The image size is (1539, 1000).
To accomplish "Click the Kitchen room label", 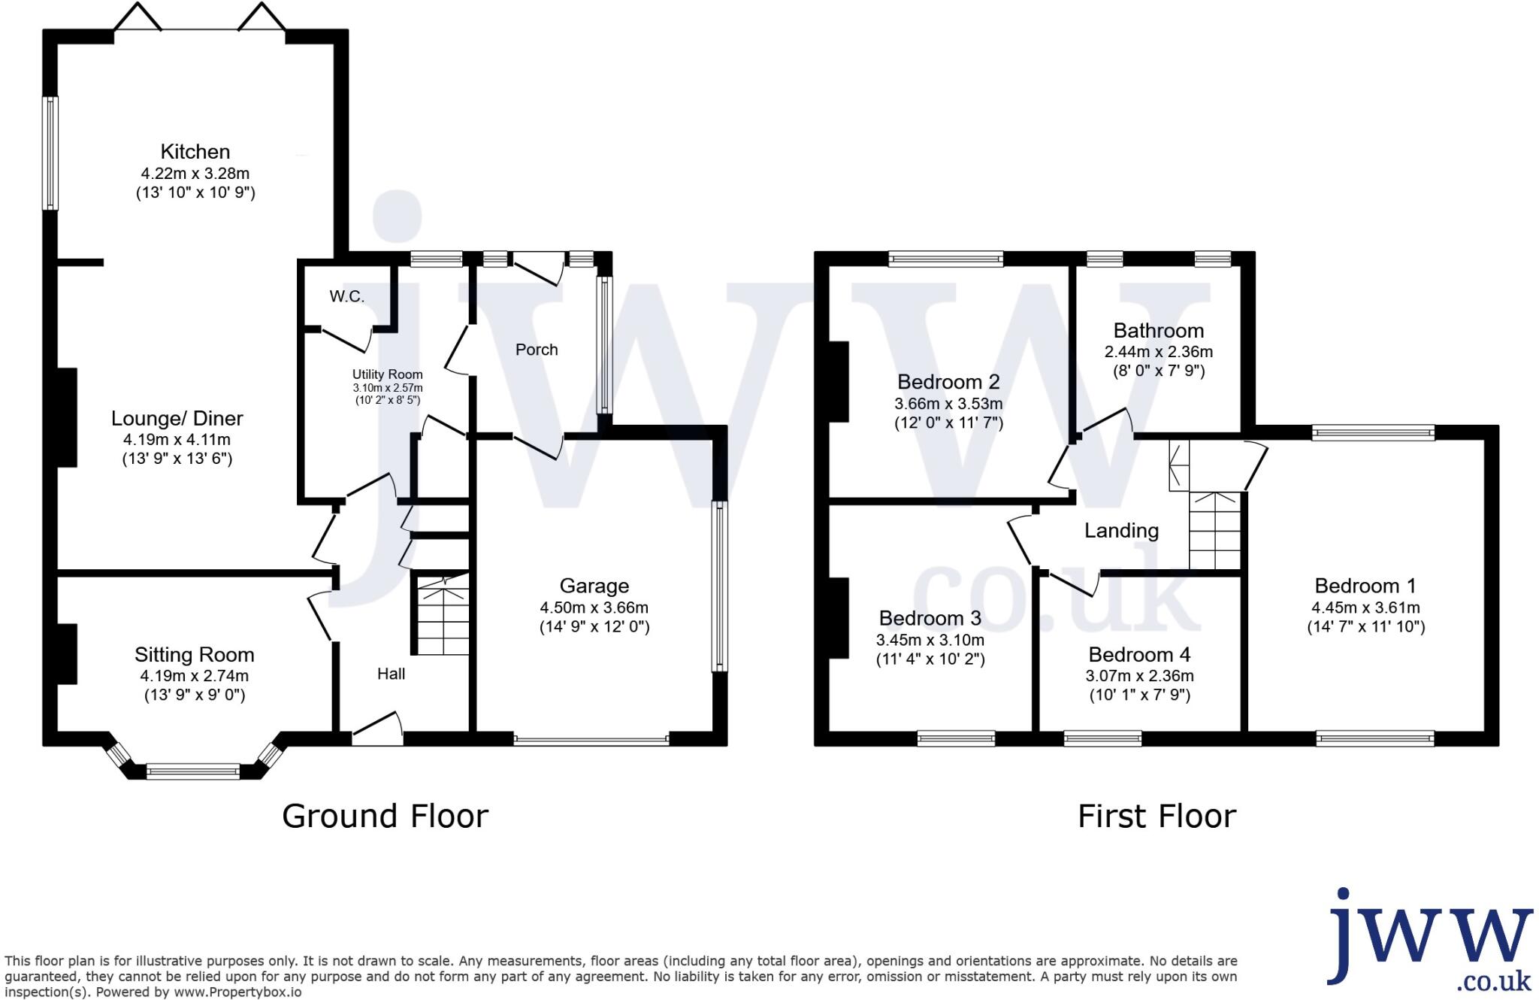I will pyautogui.click(x=195, y=152).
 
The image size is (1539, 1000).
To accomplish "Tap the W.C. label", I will pyautogui.click(x=346, y=296).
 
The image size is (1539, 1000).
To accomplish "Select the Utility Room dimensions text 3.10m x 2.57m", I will pyautogui.click(x=388, y=388).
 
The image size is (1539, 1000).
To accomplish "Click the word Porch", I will pyautogui.click(x=537, y=350).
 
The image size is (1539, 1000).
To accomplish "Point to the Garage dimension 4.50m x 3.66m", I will pyautogui.click(x=594, y=608).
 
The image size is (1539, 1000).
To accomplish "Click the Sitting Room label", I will pyautogui.click(x=195, y=655).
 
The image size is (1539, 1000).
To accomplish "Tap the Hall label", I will pyautogui.click(x=391, y=674).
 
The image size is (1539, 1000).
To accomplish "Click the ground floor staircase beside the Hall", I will pyautogui.click(x=443, y=615).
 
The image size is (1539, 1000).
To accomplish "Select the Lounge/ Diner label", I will pyautogui.click(x=177, y=419).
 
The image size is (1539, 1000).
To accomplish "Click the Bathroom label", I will pyautogui.click(x=1158, y=331).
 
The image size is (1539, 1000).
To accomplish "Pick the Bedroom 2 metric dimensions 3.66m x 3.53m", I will pyautogui.click(x=948, y=404).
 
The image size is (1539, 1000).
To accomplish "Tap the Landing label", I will pyautogui.click(x=1121, y=531).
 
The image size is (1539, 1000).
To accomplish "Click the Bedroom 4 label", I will pyautogui.click(x=1139, y=655).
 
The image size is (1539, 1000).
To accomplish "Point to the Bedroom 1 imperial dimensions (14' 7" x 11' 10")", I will pyautogui.click(x=1365, y=627).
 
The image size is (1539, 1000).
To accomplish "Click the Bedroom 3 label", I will pyautogui.click(x=930, y=618).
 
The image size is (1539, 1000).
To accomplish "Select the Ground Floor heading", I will pyautogui.click(x=385, y=817).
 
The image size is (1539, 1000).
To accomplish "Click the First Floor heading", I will pyautogui.click(x=1157, y=817).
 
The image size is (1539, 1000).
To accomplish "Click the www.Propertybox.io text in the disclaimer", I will pyautogui.click(x=239, y=992).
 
